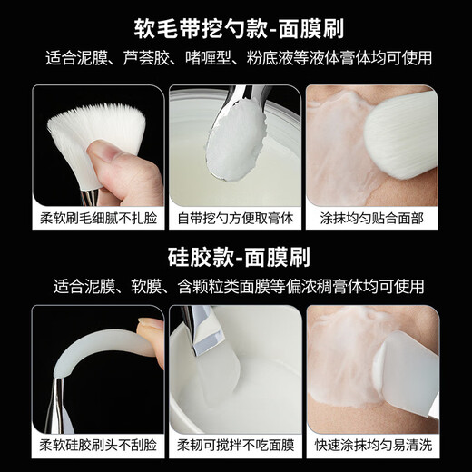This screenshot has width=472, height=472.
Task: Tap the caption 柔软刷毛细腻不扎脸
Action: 98,219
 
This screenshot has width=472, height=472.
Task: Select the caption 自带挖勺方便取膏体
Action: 235,219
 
